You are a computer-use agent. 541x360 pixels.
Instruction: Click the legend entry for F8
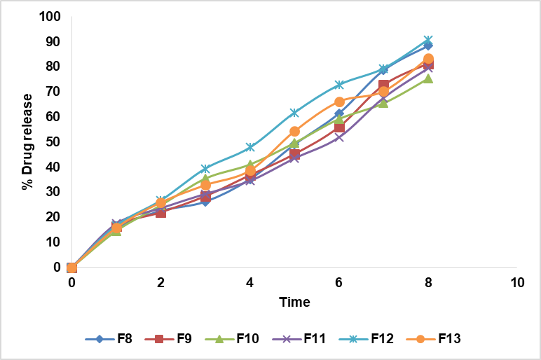[x=115, y=339]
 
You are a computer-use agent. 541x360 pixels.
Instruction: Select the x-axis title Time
[x=294, y=302]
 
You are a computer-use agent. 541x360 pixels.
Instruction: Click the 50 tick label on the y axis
[x=54, y=142]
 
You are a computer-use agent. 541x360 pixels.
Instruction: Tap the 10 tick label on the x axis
[x=517, y=282]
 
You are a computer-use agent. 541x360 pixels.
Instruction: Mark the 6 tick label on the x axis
[x=339, y=282]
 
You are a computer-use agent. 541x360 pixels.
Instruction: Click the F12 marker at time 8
[x=428, y=40]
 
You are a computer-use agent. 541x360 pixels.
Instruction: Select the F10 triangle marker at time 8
[x=428, y=78]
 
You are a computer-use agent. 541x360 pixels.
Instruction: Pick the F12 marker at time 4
[x=250, y=147]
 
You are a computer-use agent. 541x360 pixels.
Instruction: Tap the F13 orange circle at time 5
[x=294, y=132]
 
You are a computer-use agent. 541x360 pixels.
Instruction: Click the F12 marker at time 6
[x=339, y=85]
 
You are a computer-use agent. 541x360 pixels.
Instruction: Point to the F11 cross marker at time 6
[x=339, y=137]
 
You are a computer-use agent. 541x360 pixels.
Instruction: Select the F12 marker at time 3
[x=205, y=169]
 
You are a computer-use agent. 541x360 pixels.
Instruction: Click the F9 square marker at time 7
[x=383, y=85]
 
